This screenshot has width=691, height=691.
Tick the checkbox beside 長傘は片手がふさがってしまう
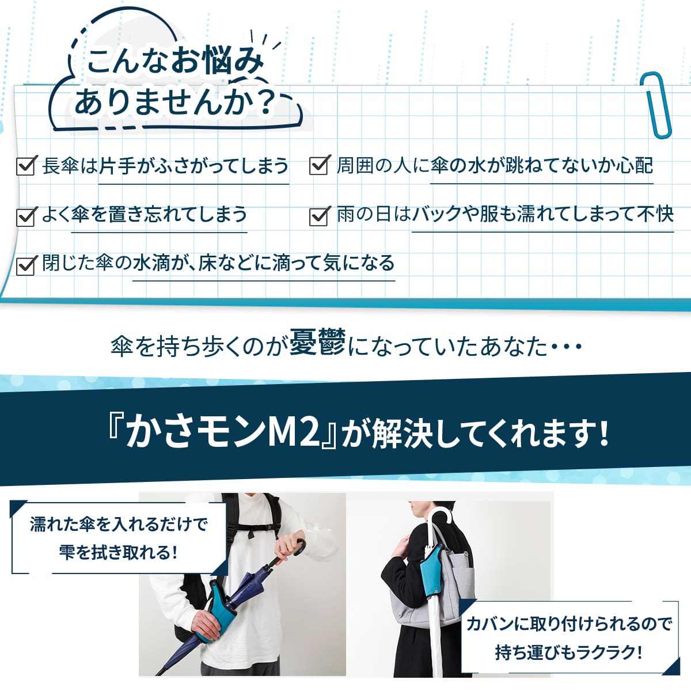pos(26,166)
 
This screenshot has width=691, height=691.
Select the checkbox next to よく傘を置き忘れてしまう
pos(26,216)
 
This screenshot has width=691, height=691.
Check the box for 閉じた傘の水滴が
pos(26,265)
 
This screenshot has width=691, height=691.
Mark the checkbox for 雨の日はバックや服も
pos(319,216)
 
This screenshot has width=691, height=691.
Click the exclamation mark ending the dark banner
pos(603,433)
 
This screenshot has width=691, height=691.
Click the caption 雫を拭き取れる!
pos(118,553)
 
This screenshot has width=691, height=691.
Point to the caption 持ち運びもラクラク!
pos(568,652)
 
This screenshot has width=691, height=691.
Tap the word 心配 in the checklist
pos(633,166)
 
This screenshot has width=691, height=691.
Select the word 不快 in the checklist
pos(655,215)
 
